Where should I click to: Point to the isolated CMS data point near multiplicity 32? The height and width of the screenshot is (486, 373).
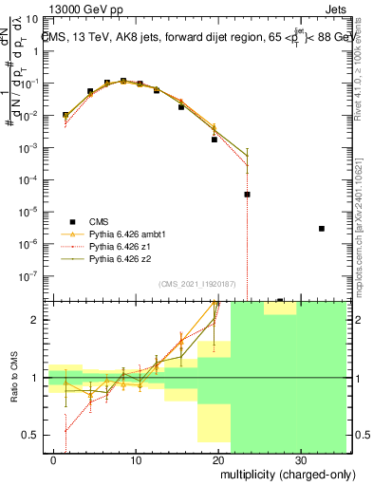click(x=322, y=229)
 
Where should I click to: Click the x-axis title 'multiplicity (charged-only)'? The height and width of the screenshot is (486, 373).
click(x=276, y=472)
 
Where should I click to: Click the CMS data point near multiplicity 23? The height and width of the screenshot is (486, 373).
click(x=247, y=195)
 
